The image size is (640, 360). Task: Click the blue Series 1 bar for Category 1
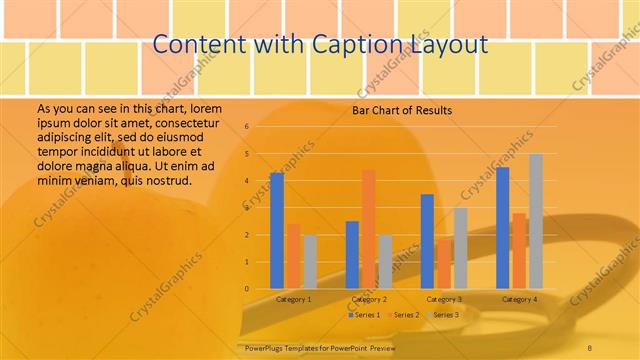click(x=277, y=231)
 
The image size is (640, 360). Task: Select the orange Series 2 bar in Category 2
click(x=368, y=230)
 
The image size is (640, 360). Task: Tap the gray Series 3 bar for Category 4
click(x=535, y=222)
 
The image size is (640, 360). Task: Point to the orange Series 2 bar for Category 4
click(x=519, y=251)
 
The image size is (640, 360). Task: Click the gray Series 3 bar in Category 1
click(x=310, y=262)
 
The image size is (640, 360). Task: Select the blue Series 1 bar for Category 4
click(x=502, y=228)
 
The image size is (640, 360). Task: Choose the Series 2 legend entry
click(x=403, y=315)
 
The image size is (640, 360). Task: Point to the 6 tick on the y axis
click(x=246, y=127)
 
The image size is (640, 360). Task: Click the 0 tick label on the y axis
click(x=246, y=289)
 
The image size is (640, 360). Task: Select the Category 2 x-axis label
click(x=369, y=300)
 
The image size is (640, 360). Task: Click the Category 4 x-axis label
click(x=518, y=300)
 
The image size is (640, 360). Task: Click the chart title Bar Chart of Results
click(x=402, y=110)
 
